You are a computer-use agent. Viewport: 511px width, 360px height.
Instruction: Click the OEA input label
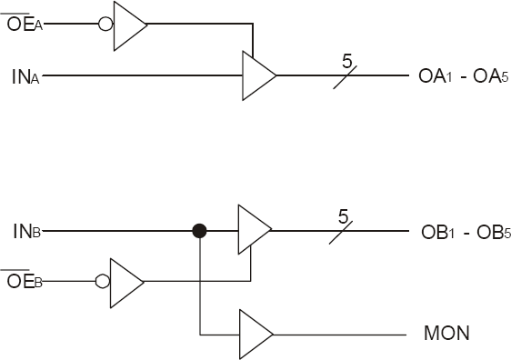point(23,24)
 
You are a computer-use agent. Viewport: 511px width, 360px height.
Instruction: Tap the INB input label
point(25,231)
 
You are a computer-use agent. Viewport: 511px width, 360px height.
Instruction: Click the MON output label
point(446,334)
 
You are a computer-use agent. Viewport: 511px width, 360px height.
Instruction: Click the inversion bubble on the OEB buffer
point(103,281)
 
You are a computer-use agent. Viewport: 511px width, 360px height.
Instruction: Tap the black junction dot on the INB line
point(199,231)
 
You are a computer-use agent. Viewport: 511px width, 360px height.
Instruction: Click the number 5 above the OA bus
point(346,62)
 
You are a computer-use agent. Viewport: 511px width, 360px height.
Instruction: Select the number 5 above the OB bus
point(343,216)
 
